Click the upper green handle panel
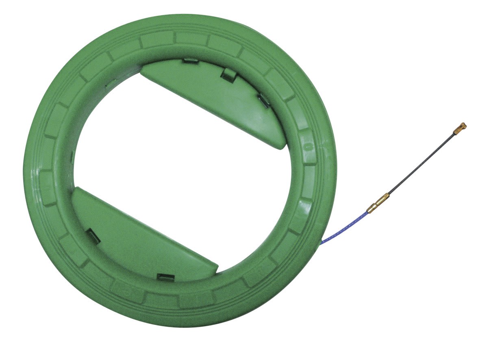click(215, 98)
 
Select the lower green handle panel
click(138, 236)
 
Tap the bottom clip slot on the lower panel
click(166, 277)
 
